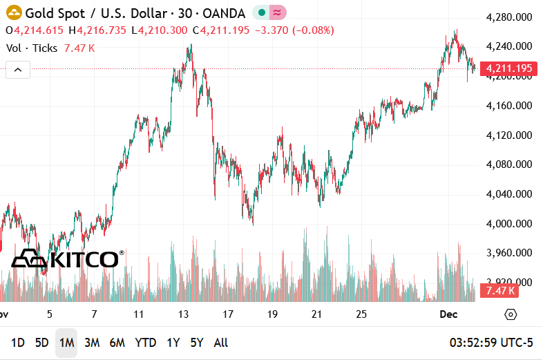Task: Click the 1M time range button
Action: pyautogui.click(x=66, y=343)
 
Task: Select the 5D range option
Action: pyautogui.click(x=42, y=343)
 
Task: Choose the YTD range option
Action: pyautogui.click(x=145, y=343)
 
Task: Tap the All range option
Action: pyautogui.click(x=221, y=343)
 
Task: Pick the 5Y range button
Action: pyautogui.click(x=197, y=343)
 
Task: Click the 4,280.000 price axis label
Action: pyautogui.click(x=508, y=17)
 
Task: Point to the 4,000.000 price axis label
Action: pyautogui.click(x=508, y=224)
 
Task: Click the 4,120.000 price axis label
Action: pyautogui.click(x=508, y=135)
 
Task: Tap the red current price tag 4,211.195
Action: pyautogui.click(x=508, y=68)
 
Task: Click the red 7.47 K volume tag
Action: pyautogui.click(x=501, y=291)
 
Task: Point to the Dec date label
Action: pyautogui.click(x=449, y=314)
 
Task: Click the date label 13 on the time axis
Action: pyautogui.click(x=183, y=314)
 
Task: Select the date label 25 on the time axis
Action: pyautogui.click(x=361, y=314)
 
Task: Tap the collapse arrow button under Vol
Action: pyautogui.click(x=18, y=69)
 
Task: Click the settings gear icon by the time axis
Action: pyautogui.click(x=511, y=314)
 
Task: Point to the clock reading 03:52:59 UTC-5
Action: pyautogui.click(x=491, y=343)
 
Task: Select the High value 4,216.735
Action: pyautogui.click(x=102, y=30)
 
